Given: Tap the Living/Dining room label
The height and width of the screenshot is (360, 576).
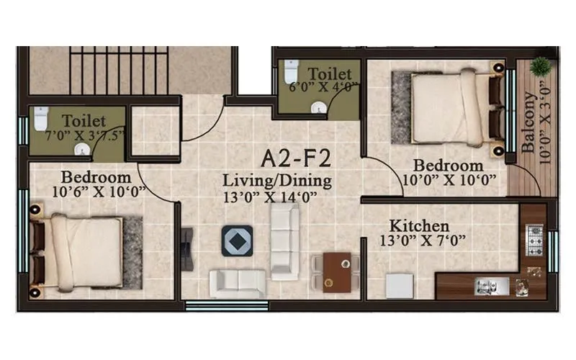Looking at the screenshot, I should [276, 180].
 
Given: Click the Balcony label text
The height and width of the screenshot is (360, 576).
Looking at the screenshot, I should [528, 122].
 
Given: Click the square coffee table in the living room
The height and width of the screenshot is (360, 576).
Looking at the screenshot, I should [237, 240].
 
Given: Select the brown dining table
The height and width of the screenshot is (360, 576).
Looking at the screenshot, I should [336, 272].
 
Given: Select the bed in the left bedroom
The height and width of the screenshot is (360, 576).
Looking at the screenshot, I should [79, 252].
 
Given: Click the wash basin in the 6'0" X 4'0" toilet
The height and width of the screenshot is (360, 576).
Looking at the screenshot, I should [320, 107].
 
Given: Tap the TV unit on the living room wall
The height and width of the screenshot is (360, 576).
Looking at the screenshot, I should [186, 248].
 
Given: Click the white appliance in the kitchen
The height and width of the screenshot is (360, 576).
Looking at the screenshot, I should [398, 285].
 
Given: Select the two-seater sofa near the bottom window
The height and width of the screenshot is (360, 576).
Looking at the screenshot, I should [238, 283].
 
